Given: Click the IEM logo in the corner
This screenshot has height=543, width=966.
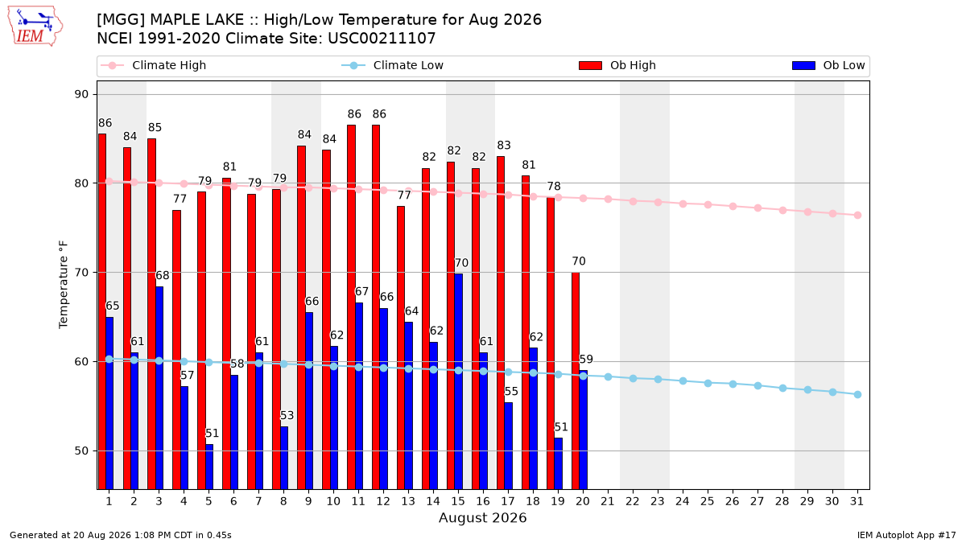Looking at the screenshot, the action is coord(35,27).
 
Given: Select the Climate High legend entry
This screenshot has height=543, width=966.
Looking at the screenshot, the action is coord(154,65).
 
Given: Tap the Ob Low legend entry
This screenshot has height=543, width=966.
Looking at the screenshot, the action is coord(828,65).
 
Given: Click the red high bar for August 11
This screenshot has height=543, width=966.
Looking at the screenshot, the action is coord(352,307).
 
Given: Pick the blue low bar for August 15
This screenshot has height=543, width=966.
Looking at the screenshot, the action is coord(458,382).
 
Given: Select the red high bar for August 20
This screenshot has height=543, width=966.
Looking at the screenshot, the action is coord(576,381).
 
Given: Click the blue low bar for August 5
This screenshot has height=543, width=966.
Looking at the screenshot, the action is coord(209,467).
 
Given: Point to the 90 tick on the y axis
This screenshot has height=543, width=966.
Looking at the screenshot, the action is coord(81,94).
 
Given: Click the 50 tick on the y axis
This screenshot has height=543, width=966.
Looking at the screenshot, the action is coord(81,450).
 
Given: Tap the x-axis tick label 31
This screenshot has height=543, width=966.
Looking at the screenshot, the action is coord(857,501).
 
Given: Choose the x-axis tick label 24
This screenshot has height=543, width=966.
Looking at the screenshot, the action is coord(683,501).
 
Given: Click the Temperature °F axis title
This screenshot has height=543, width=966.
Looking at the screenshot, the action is coord(64,285).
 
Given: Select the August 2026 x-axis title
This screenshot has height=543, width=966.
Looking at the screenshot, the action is coord(482,517).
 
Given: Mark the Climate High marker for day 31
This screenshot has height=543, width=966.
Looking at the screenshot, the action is coord(858,215).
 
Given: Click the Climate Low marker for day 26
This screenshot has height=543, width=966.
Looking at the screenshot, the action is coord(733,384).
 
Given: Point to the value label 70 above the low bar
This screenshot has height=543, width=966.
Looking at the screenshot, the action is coord(461,263).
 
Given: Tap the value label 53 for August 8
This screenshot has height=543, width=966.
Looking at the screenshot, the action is coord(287,415).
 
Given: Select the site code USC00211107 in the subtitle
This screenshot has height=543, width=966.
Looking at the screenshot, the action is coord(382,39).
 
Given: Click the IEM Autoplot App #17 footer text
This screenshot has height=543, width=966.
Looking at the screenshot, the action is coord(906,535).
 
